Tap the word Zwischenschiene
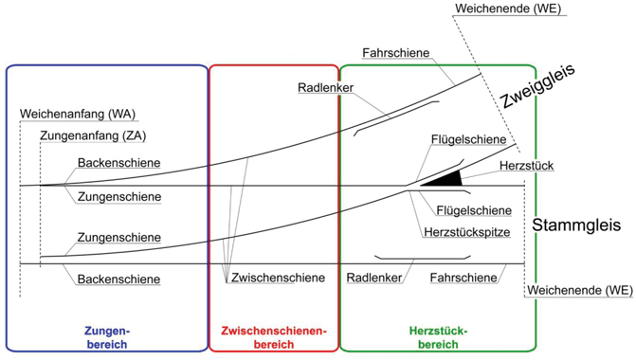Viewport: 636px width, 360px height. click(278, 279)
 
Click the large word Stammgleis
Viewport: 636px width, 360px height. click(575, 226)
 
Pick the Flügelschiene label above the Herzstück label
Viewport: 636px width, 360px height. click(467, 140)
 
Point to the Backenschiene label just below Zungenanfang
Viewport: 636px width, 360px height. click(118, 162)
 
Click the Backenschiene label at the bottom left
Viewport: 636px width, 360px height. click(118, 279)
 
